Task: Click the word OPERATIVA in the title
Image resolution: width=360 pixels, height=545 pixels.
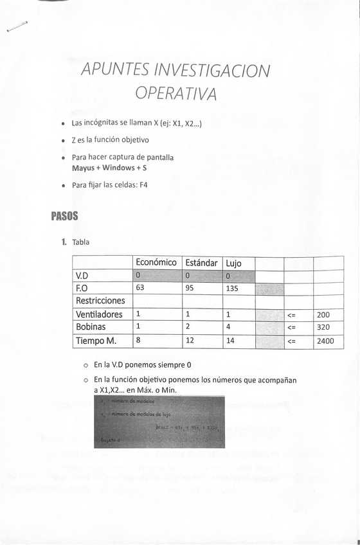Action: (175, 94)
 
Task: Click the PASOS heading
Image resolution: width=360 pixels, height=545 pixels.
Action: (64, 216)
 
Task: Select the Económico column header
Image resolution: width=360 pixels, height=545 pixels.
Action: (156, 263)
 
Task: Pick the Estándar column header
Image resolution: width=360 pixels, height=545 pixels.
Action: (201, 263)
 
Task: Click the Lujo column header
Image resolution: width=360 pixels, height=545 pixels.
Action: (233, 264)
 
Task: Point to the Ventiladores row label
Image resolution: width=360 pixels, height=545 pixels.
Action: (99, 315)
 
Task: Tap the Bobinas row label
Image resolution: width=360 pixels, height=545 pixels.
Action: (91, 327)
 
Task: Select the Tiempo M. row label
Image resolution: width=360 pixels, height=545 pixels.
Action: (96, 341)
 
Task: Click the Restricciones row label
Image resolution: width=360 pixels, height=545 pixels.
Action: (100, 301)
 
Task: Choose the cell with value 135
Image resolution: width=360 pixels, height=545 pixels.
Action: (232, 289)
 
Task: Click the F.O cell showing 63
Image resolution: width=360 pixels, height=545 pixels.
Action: (140, 288)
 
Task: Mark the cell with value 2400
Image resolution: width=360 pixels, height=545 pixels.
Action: (325, 341)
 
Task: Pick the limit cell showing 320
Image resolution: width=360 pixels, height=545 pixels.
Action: (323, 327)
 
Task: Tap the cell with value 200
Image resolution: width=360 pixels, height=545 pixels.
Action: (323, 315)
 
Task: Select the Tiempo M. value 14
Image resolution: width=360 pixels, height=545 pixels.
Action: (230, 341)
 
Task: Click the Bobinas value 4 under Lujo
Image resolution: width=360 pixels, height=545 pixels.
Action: (228, 327)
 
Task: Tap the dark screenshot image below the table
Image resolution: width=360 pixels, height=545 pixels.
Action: (159, 422)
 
